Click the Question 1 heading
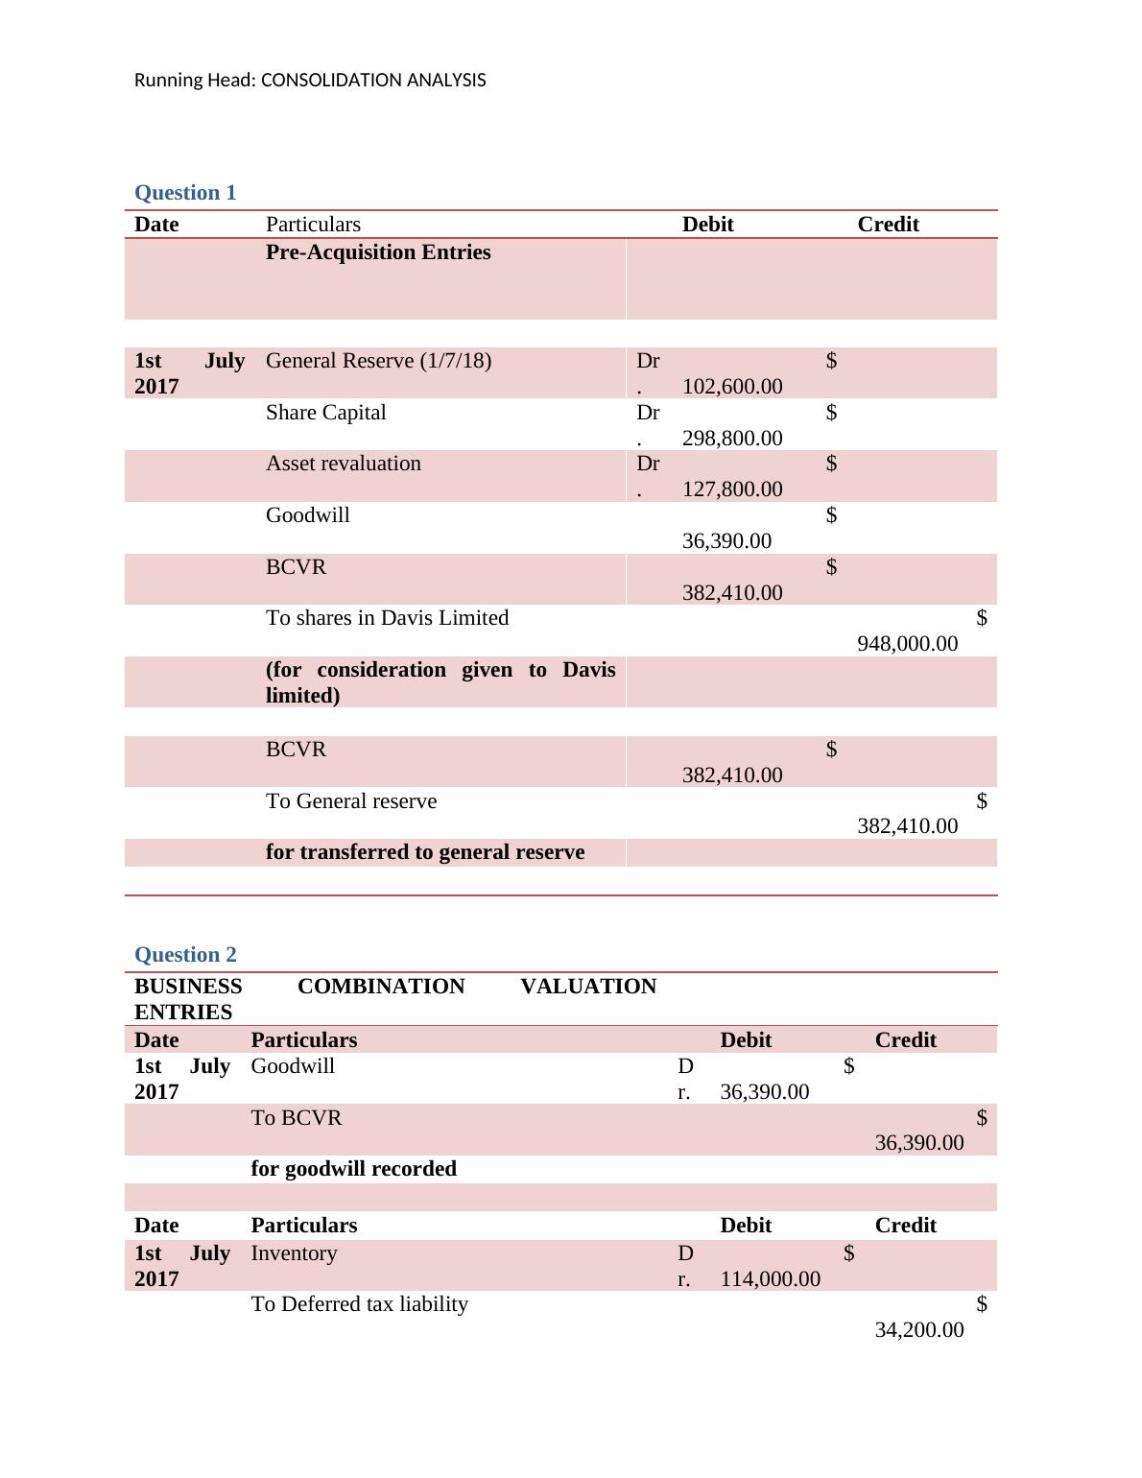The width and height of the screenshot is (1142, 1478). (185, 193)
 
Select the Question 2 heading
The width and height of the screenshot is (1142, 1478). (185, 955)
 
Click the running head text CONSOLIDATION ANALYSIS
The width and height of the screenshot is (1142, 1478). (309, 81)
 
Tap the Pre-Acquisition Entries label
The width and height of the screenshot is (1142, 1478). (378, 252)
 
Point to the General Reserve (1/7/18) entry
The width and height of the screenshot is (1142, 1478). (378, 361)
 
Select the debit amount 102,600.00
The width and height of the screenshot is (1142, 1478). (731, 387)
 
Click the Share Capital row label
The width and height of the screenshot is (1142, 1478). (325, 413)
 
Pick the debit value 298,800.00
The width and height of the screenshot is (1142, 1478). (731, 439)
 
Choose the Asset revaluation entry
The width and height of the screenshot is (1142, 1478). (343, 464)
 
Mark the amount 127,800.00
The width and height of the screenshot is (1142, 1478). (731, 489)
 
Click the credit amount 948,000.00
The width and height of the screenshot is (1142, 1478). (907, 644)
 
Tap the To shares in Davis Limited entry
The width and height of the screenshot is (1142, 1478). (387, 618)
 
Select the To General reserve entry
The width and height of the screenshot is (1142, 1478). (350, 801)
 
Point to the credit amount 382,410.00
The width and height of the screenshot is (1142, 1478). (907, 826)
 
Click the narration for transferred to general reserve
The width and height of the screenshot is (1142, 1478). (424, 852)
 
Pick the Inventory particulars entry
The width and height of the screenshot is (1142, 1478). (294, 1253)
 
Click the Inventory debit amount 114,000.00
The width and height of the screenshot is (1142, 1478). (770, 1279)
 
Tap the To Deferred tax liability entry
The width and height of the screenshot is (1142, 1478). (359, 1304)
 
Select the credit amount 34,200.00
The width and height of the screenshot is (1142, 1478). (918, 1330)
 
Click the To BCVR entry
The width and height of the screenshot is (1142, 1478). (296, 1118)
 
